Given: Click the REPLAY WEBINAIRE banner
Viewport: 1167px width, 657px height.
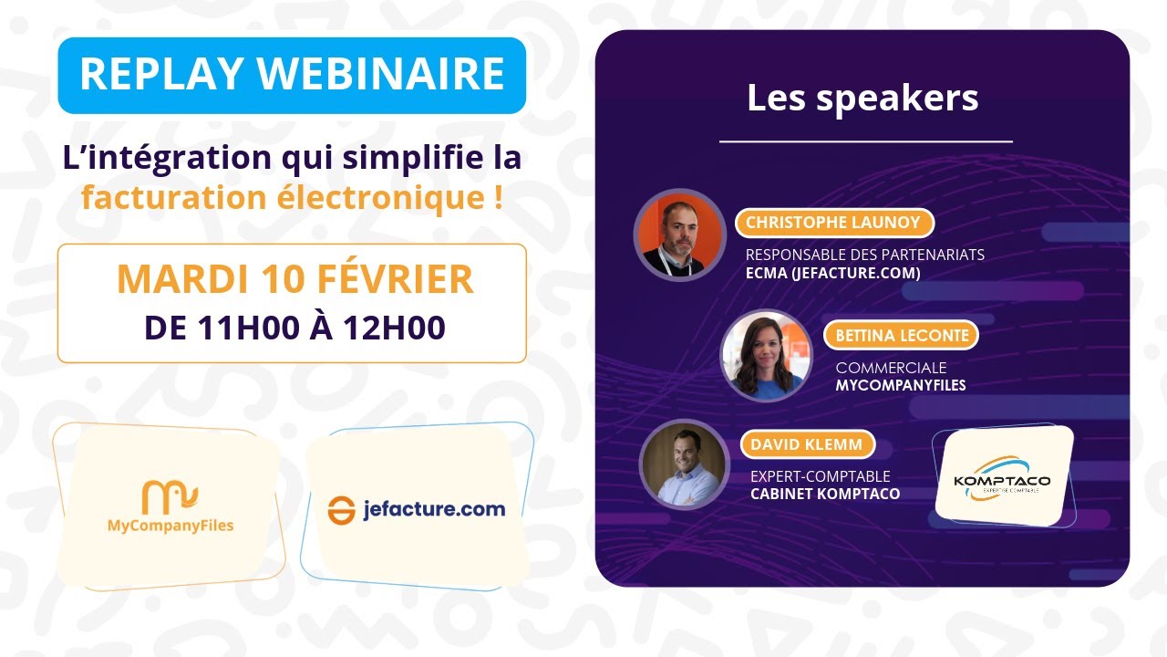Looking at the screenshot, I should point(292,75).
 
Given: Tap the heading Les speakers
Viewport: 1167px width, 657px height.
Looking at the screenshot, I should point(862,98).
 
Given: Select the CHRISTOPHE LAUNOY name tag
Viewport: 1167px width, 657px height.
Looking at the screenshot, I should point(834,223).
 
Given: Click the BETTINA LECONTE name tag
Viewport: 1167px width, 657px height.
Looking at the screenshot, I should point(901,335).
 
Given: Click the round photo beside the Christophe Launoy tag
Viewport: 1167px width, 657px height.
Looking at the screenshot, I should point(679,235).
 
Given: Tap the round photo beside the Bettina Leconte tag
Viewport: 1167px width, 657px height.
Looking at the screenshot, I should point(766,355).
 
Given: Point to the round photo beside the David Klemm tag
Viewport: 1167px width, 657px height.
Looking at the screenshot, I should point(684,464).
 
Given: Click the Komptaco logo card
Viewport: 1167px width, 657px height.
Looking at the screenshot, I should point(1002,475).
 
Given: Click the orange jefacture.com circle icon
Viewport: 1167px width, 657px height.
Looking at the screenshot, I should point(341,510).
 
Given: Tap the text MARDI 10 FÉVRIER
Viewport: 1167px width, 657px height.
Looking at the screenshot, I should point(294,279).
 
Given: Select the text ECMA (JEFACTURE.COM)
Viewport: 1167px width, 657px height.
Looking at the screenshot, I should point(832,273).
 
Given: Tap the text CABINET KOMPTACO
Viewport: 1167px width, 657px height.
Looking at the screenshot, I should point(824,494).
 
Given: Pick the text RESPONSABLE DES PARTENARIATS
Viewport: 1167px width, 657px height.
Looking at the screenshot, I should point(864,255).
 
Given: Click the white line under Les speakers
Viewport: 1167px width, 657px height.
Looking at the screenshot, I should point(865,142).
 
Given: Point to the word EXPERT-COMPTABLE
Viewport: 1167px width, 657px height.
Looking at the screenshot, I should point(820,476).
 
